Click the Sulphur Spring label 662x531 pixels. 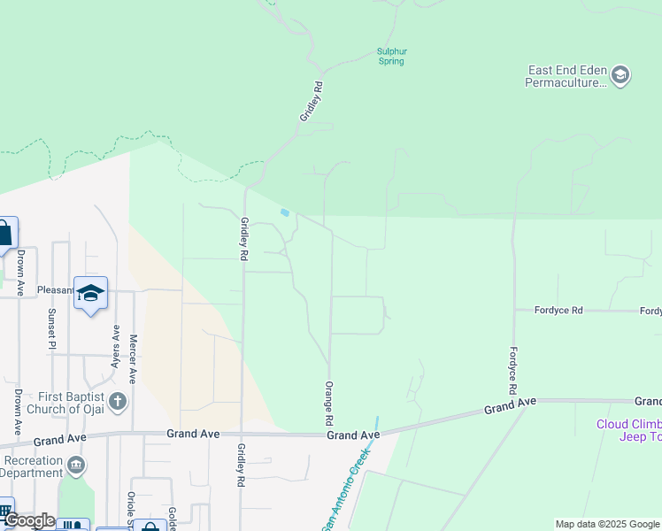tap(391, 57)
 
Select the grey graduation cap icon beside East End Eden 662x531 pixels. tap(620, 75)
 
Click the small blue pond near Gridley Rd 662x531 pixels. tap(284, 212)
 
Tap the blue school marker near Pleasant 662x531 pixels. tap(90, 293)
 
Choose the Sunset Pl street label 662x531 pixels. tap(52, 325)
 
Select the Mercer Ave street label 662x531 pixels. tap(134, 358)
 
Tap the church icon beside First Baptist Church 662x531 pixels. tap(118, 402)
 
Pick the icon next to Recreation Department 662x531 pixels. tap(77, 466)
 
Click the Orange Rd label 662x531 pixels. tap(329, 397)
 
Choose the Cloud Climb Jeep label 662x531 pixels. tap(628, 430)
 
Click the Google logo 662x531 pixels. tap(29, 520)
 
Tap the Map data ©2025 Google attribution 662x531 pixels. tap(607, 524)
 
